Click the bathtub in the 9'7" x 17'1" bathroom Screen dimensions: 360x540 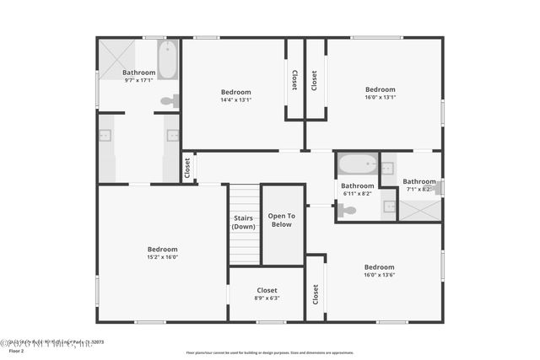point(167,60)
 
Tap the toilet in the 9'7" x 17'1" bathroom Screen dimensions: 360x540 point(170,101)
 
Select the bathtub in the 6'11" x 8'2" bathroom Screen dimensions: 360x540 point(358,163)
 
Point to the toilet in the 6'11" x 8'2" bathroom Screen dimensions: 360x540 point(347,211)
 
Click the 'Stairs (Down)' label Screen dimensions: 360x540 point(244,223)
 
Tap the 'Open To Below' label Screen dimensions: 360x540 point(282,220)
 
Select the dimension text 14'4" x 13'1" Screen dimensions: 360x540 point(236,100)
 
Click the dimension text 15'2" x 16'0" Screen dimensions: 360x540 point(163,257)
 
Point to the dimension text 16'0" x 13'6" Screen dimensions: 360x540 point(380,274)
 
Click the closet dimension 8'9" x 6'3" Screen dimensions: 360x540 point(267,298)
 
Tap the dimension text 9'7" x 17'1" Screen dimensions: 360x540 point(139,81)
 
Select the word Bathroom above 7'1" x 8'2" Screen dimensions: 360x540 point(419,181)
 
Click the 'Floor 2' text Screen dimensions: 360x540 point(16,351)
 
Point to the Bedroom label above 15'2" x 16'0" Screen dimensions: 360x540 point(163,249)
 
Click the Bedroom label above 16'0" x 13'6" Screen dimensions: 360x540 point(380,266)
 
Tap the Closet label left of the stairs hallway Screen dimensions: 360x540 point(187,167)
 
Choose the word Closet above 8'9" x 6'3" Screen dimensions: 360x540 point(267,290)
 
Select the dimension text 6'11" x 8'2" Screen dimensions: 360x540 point(357,194)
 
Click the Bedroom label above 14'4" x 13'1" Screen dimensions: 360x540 point(236,92)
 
